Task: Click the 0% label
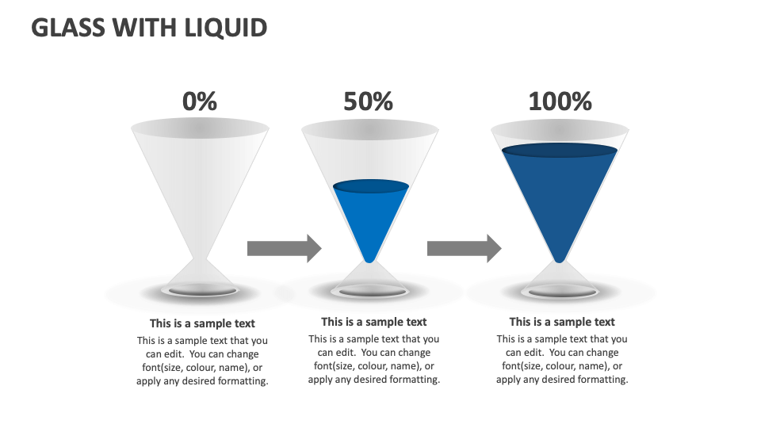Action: [199, 101]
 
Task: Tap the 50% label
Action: [368, 101]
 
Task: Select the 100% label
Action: [560, 101]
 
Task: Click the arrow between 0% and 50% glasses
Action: [284, 248]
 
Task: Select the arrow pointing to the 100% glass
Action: [464, 248]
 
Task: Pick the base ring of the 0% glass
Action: [199, 291]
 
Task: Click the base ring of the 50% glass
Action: [369, 292]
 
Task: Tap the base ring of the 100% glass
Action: [560, 291]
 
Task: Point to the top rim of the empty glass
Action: [199, 127]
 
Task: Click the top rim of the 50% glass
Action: [370, 128]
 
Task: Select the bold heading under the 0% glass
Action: [202, 323]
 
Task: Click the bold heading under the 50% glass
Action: [373, 322]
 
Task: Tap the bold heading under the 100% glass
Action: [561, 322]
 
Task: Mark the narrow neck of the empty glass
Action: [199, 259]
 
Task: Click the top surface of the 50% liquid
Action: [370, 187]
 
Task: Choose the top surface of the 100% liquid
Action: [560, 150]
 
